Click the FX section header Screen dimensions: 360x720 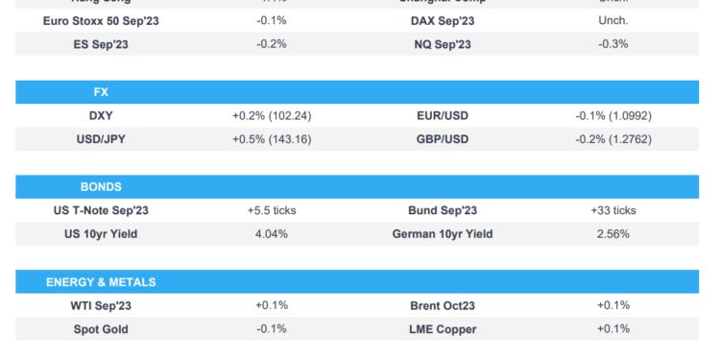click(x=101, y=93)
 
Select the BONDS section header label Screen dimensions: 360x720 click(x=101, y=187)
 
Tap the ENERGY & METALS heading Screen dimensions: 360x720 click(x=101, y=282)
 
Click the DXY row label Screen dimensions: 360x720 click(x=101, y=116)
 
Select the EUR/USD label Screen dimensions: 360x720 click(x=443, y=116)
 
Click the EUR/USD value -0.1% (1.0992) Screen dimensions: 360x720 click(x=613, y=116)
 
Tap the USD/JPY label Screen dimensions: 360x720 click(x=101, y=139)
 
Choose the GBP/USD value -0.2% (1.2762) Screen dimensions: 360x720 click(x=613, y=139)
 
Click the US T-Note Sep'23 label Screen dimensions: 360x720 click(x=101, y=210)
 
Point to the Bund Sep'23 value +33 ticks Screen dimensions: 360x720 click(x=613, y=210)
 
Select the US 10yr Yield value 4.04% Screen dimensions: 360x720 click(x=272, y=233)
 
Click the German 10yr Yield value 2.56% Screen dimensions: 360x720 click(x=613, y=233)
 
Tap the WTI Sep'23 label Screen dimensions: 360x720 click(x=101, y=305)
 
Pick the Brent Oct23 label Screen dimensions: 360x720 click(x=443, y=305)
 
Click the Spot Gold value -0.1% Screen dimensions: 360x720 click(x=272, y=329)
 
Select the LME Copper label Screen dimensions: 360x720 click(x=443, y=329)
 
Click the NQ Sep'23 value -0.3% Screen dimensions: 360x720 click(x=613, y=43)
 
